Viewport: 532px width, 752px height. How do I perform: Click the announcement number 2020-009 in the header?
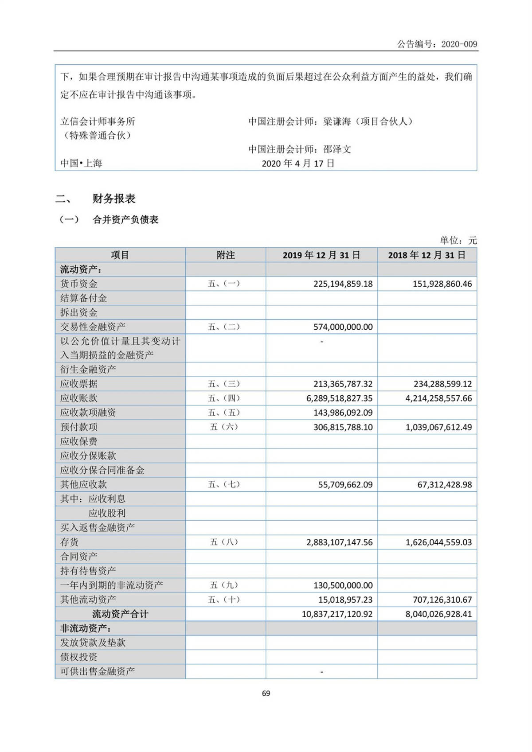459,44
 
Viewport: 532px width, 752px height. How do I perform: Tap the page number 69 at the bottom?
266,693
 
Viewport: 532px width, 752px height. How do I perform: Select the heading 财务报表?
114,199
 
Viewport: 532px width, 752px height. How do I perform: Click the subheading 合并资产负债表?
125,220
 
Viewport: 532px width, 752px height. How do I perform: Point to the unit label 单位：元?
458,240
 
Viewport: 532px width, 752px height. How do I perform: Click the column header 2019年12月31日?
321,255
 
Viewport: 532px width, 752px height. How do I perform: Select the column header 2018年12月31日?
427,255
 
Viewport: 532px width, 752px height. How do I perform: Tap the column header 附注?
225,255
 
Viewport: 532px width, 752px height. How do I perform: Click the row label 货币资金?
79,284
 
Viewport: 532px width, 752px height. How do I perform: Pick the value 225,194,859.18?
343,284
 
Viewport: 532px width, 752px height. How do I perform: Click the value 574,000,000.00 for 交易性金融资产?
343,327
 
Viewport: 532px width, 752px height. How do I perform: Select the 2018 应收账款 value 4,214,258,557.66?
438,398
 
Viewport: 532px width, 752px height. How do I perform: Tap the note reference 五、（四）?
224,398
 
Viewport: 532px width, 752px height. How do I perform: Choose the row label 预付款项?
79,427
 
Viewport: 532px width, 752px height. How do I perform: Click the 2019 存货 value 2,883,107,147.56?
339,542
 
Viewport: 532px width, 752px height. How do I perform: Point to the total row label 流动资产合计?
120,614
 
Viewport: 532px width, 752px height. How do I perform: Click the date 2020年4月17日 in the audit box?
298,164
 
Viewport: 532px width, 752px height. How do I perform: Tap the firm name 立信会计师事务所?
98,121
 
